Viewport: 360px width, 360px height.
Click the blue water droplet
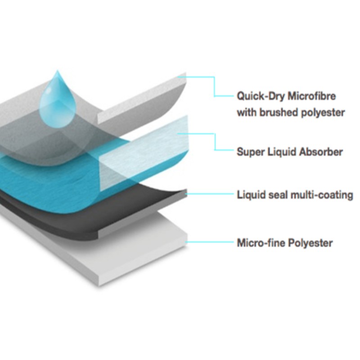[x=58, y=101]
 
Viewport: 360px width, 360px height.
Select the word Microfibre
[x=312, y=95]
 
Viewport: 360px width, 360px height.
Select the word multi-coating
[x=322, y=195]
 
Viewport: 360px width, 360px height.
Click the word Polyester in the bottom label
[x=310, y=243]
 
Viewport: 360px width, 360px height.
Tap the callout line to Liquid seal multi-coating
[x=209, y=194]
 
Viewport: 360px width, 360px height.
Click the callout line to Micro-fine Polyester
[x=209, y=242]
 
